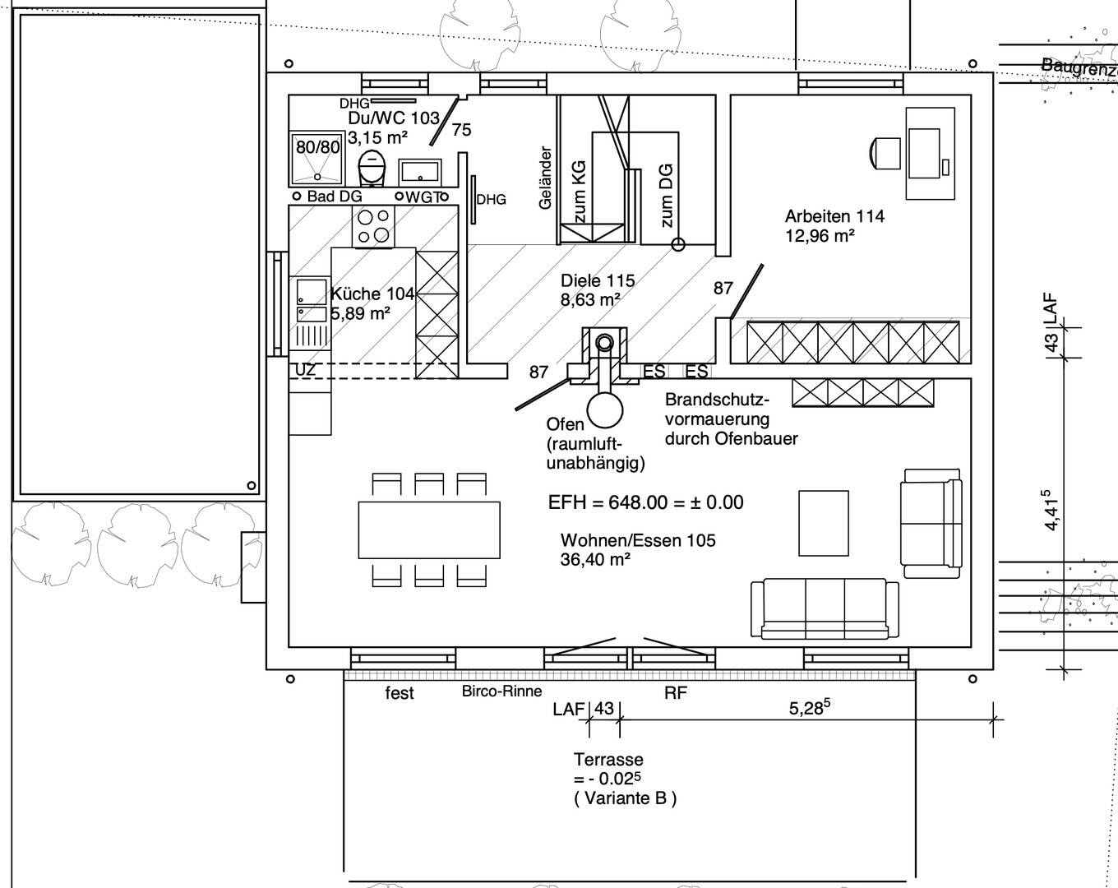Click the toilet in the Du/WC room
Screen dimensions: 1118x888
(x=372, y=167)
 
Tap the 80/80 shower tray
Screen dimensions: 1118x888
(x=317, y=159)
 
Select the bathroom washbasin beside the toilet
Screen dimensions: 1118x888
(x=420, y=173)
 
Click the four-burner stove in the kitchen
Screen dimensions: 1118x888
(x=373, y=226)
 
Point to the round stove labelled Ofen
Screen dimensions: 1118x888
(x=605, y=409)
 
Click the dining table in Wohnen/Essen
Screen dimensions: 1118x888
(x=429, y=530)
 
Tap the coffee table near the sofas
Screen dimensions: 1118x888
(x=824, y=523)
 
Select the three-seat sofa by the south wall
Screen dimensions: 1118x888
(x=825, y=608)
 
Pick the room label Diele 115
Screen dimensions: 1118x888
(x=598, y=281)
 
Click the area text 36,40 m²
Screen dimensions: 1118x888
(x=595, y=560)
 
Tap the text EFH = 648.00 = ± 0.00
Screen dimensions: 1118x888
(x=646, y=502)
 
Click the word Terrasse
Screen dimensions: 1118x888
(x=608, y=760)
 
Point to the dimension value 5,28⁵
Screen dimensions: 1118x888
(x=810, y=707)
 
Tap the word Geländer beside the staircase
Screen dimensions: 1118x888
(x=545, y=178)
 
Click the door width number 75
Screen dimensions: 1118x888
(x=461, y=130)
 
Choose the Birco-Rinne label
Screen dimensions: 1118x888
(x=501, y=691)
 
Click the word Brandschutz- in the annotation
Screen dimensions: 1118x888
(x=717, y=400)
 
